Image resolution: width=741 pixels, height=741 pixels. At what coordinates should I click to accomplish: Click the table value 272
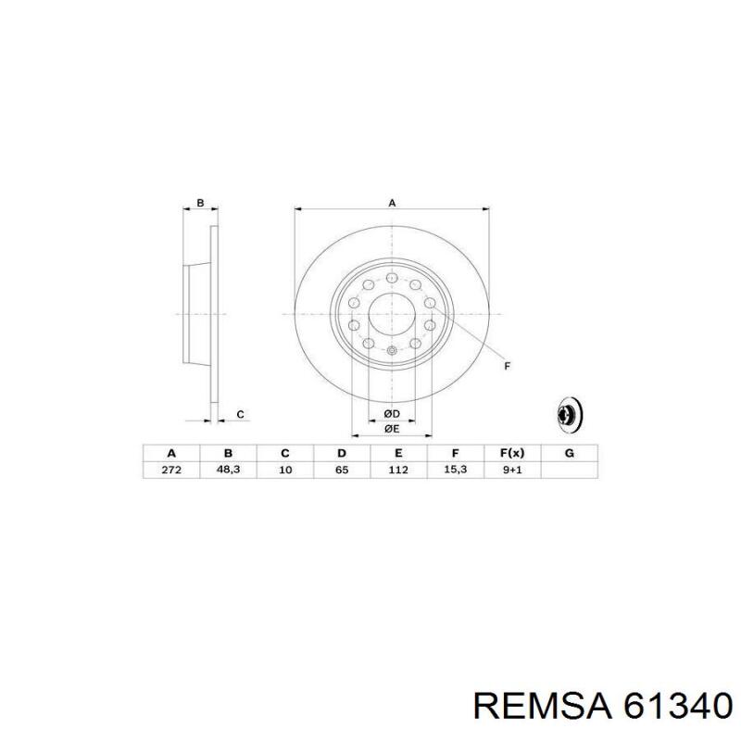tap(170, 471)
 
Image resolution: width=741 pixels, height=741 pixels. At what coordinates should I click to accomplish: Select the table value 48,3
tap(228, 471)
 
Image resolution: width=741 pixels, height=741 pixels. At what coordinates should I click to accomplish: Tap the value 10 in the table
tap(285, 471)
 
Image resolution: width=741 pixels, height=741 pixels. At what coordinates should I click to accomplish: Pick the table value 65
tap(341, 471)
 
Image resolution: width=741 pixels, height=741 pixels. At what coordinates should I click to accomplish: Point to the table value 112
tap(398, 471)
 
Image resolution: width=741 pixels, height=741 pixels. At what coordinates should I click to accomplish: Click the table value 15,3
tap(455, 471)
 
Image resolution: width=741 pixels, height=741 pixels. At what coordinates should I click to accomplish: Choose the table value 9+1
tap(512, 471)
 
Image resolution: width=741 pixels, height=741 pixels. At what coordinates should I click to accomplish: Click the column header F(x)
tap(512, 453)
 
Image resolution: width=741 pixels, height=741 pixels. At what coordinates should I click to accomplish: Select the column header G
tap(570, 453)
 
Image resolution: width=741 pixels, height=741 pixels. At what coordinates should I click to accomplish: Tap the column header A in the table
tap(170, 453)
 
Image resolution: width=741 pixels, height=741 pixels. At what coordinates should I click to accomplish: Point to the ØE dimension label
tap(392, 429)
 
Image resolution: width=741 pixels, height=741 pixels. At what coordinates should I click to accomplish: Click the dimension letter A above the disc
tap(392, 202)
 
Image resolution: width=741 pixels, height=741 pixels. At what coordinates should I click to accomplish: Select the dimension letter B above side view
tap(200, 202)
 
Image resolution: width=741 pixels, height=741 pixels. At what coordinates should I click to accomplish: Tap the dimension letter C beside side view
tap(240, 414)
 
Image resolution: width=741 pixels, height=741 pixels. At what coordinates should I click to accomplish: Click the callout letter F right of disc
tap(507, 367)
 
